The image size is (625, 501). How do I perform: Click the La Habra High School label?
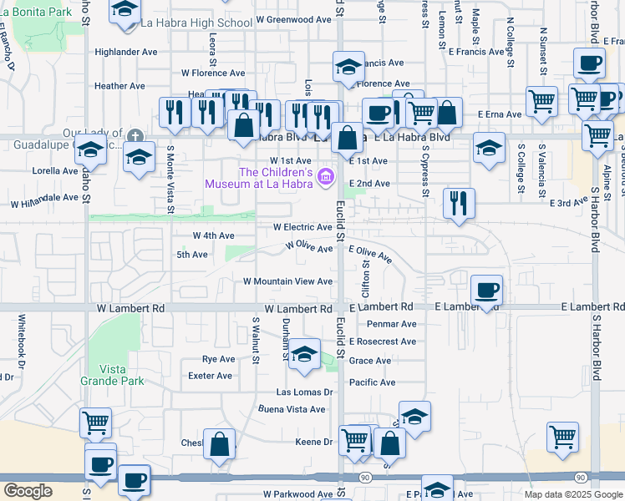[x=197, y=22]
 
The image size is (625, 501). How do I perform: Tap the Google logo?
[x=28, y=491]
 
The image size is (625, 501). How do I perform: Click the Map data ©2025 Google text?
[x=573, y=494]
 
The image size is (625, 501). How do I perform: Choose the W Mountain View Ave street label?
[x=287, y=281]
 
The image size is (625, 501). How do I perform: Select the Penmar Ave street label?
[x=391, y=324]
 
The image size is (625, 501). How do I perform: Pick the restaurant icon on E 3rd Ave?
[x=458, y=204]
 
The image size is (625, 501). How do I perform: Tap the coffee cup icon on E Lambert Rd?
[x=486, y=291]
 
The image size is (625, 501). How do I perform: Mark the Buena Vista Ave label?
[x=291, y=409]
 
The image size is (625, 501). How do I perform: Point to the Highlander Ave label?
[x=126, y=52]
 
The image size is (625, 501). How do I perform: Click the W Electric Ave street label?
[x=302, y=227]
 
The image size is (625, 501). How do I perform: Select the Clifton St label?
[x=365, y=279]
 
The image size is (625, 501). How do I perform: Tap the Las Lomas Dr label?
[x=305, y=392]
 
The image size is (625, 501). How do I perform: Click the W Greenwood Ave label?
[x=293, y=18]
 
